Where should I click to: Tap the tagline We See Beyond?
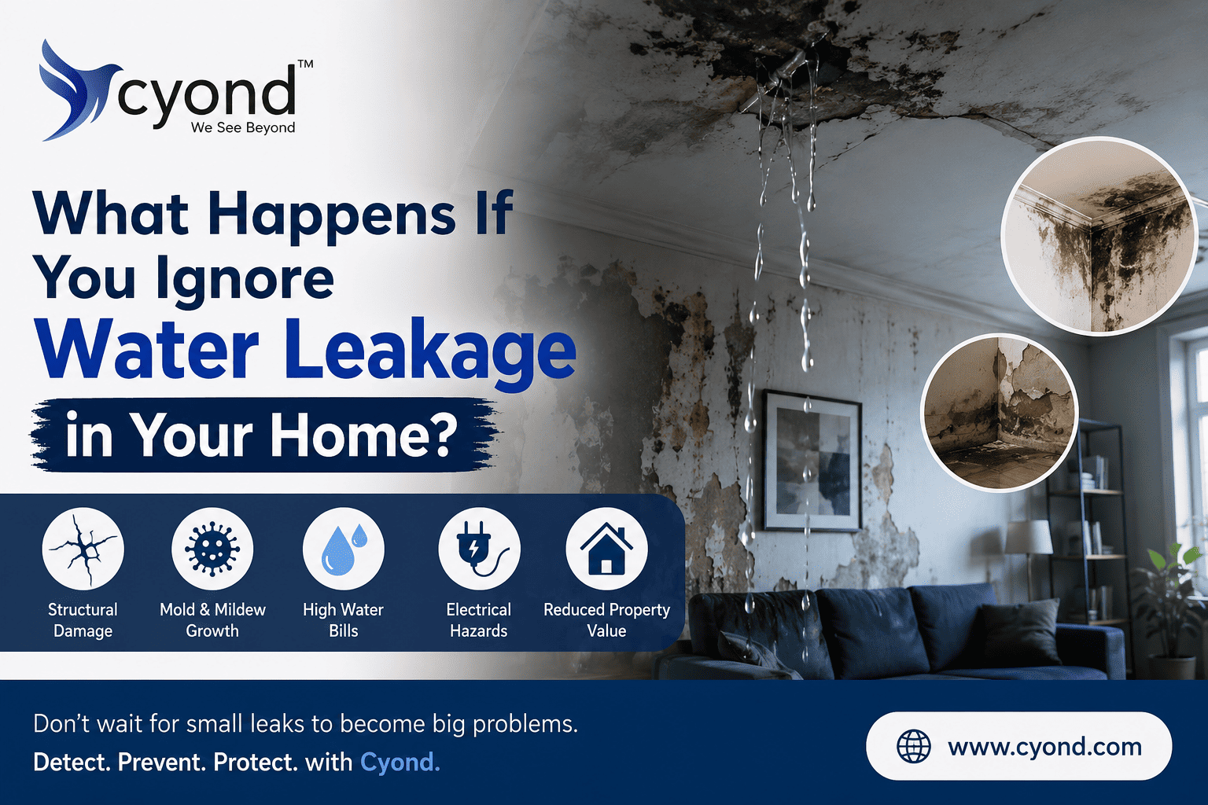[243, 128]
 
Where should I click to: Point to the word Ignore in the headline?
[245, 281]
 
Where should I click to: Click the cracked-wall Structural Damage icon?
[83, 549]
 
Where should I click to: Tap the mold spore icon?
[212, 549]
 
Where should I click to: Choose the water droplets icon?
[344, 549]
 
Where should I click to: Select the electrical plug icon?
[479, 549]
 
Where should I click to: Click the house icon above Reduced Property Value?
[606, 549]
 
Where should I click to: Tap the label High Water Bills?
[344, 620]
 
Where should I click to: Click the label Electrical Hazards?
[479, 620]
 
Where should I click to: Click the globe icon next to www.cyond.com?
[914, 747]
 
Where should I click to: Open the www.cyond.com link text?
[1044, 747]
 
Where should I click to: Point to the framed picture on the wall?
[812, 461]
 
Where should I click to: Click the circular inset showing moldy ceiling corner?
[1099, 237]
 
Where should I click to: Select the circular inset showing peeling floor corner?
[1000, 413]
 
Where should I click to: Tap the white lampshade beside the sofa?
[1028, 536]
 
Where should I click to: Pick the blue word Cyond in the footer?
[400, 763]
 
